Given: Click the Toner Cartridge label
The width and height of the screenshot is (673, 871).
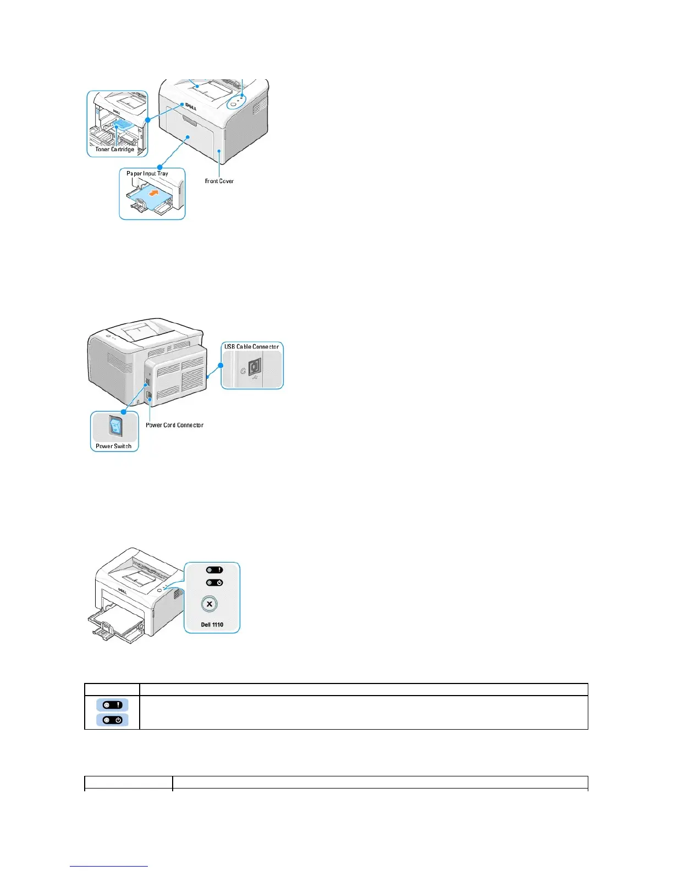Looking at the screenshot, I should coord(114,149).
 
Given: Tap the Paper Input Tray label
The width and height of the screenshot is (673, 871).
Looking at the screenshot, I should coord(147,173).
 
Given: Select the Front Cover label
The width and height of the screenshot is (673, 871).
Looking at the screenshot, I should coord(219,181).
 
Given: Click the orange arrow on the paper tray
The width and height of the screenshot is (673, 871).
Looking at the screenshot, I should coord(157,194).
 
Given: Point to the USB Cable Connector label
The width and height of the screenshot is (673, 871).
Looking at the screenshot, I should coord(252,346).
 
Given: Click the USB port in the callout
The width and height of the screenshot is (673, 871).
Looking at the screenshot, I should coord(255,367).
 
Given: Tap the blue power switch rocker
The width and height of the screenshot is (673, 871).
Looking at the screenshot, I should coord(115,426).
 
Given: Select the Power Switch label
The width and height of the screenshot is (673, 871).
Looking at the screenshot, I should coord(114,446).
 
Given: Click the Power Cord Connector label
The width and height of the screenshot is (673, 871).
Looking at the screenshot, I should coord(174,425).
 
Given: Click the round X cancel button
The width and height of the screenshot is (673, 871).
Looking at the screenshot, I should coord(209,604).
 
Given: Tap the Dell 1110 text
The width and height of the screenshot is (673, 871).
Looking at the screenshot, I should coord(212,625).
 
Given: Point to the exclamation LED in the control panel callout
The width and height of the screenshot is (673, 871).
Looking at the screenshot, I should coord(214,570).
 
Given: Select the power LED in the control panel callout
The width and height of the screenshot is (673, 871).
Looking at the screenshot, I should coord(214,583).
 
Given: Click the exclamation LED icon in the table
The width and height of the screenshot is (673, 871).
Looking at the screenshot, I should coord(112,705).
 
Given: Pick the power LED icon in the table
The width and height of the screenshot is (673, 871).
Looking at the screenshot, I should coord(112,720).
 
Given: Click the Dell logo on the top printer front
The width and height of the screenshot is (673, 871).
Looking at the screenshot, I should coord(190,106).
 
